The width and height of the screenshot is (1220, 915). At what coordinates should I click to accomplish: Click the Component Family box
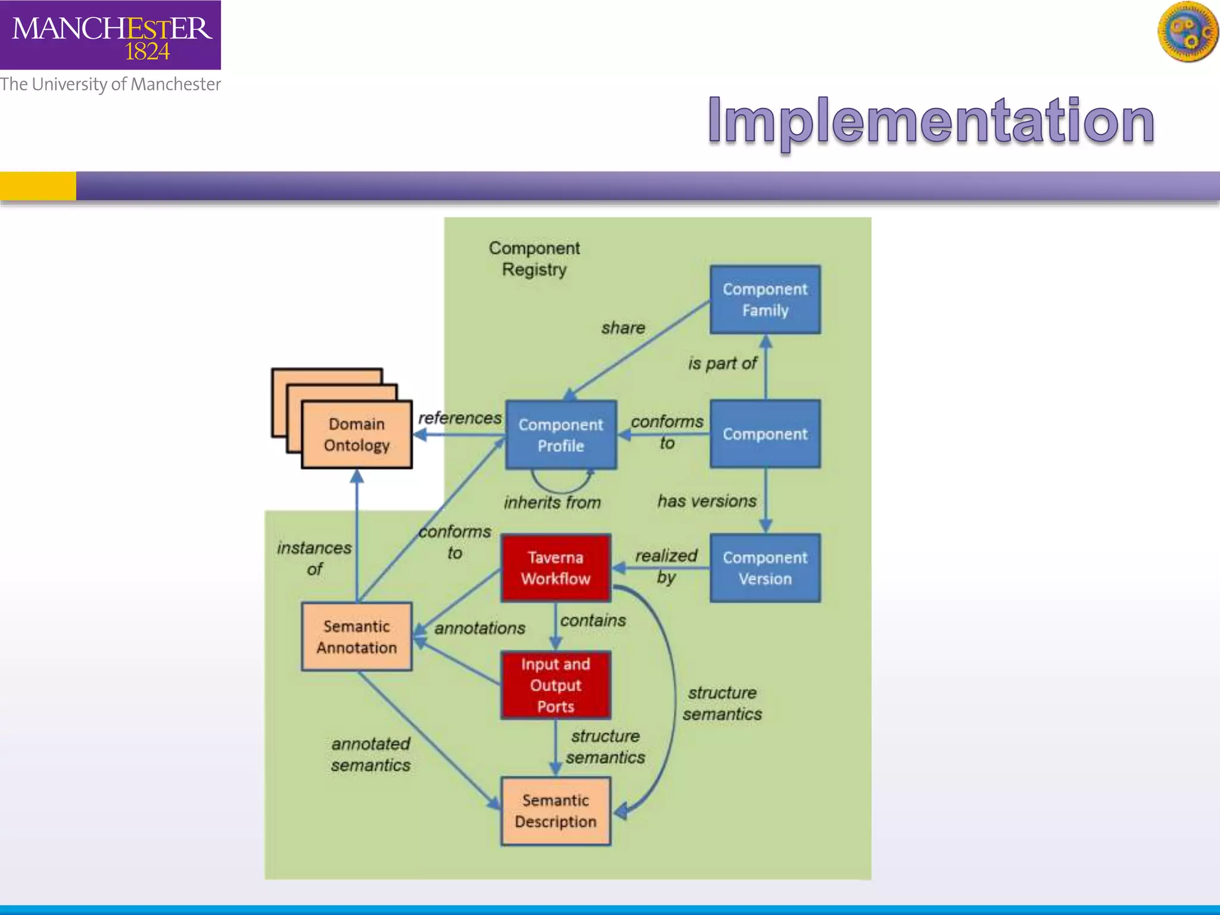765,300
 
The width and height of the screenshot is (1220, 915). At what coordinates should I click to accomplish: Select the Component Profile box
561,435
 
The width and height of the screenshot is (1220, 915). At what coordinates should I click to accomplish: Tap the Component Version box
765,568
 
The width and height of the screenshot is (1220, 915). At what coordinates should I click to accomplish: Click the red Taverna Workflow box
556,568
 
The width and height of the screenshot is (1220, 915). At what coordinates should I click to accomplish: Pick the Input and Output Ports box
556,685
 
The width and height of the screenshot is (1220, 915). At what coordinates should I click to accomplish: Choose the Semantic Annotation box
356,637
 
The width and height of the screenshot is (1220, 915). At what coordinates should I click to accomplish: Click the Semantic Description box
556,811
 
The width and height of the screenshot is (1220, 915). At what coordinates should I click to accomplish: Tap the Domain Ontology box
356,434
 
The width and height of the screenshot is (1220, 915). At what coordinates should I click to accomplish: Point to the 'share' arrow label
623,328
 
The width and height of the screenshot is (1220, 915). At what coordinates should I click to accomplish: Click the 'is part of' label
722,363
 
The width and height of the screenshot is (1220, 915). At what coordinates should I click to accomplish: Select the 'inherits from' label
552,503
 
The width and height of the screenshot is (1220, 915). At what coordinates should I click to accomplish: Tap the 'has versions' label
707,501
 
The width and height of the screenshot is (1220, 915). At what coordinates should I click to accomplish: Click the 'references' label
460,418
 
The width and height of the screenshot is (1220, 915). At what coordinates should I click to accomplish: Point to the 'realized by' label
666,566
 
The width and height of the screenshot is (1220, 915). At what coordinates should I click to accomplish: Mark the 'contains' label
593,620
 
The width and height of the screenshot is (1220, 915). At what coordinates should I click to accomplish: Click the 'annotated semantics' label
371,754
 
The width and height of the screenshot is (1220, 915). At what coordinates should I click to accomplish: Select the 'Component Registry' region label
534,259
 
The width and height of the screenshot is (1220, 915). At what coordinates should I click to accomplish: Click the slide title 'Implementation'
931,121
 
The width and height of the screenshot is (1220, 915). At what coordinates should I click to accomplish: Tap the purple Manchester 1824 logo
110,35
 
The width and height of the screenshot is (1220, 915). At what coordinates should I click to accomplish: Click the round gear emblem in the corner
1188,32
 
